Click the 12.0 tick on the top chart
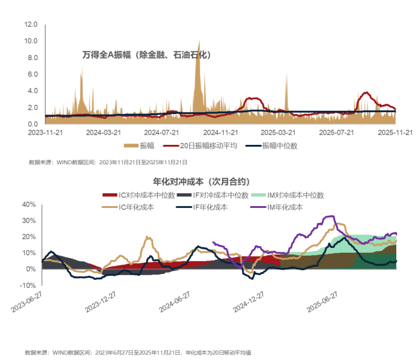pos(31,25)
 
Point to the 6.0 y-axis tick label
pos(33,74)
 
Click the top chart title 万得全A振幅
pos(146,55)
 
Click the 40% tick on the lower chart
pos(29,205)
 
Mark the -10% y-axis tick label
pos(28,285)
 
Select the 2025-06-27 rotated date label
pos(322,301)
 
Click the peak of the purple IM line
pos(330,216)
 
